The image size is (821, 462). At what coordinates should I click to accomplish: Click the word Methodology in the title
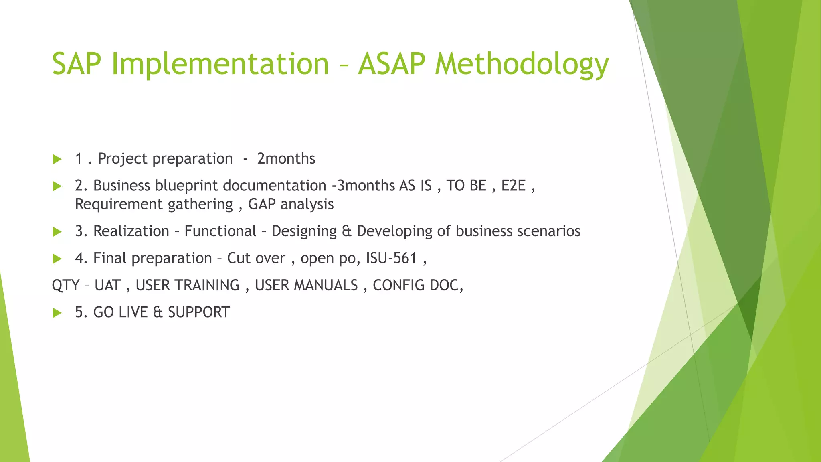click(522, 64)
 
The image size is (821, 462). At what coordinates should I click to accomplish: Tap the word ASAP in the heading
click(391, 64)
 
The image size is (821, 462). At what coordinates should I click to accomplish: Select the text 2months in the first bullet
click(286, 159)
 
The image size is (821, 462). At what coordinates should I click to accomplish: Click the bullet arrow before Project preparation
click(57, 159)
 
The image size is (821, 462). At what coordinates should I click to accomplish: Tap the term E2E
click(513, 186)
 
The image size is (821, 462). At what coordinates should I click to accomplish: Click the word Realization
click(131, 231)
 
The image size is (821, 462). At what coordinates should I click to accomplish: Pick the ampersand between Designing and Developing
click(346, 231)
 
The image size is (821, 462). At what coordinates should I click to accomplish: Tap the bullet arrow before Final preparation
click(57, 259)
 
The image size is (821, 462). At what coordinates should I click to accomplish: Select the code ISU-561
click(391, 258)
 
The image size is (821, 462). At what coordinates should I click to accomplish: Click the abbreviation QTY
click(65, 285)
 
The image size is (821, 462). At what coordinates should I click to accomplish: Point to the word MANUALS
click(326, 285)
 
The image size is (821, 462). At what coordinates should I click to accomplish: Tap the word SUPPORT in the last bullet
click(199, 312)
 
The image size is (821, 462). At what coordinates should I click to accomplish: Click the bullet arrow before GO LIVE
click(57, 313)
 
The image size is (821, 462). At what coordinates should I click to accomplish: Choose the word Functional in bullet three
click(220, 231)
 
